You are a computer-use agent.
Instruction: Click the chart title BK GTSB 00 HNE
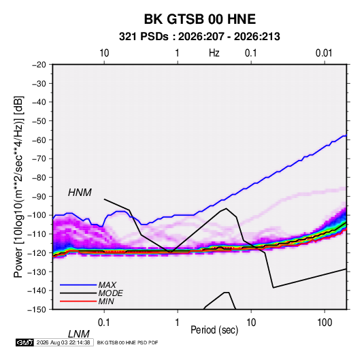click(x=200, y=19)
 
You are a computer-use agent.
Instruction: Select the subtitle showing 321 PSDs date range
click(x=199, y=37)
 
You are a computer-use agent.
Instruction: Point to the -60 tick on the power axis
click(x=39, y=140)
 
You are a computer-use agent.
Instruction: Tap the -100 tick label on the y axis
click(x=37, y=215)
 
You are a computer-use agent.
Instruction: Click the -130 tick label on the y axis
click(x=37, y=272)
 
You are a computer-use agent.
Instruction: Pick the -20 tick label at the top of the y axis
click(x=39, y=65)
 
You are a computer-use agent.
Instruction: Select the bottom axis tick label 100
click(x=325, y=323)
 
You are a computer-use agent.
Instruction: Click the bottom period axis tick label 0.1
click(x=103, y=323)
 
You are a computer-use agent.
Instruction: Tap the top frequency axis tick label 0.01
click(x=324, y=53)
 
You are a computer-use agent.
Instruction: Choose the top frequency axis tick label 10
click(x=104, y=53)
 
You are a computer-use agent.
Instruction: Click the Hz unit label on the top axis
click(x=214, y=53)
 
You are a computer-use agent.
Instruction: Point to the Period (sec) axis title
click(x=214, y=330)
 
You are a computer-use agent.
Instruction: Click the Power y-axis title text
click(x=18, y=186)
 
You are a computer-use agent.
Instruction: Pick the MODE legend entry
click(x=91, y=293)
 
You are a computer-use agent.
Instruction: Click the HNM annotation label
click(x=80, y=193)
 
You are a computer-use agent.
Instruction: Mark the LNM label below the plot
click(x=79, y=334)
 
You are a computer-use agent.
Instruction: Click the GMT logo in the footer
click(x=25, y=342)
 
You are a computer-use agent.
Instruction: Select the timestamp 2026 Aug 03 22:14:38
click(x=63, y=342)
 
